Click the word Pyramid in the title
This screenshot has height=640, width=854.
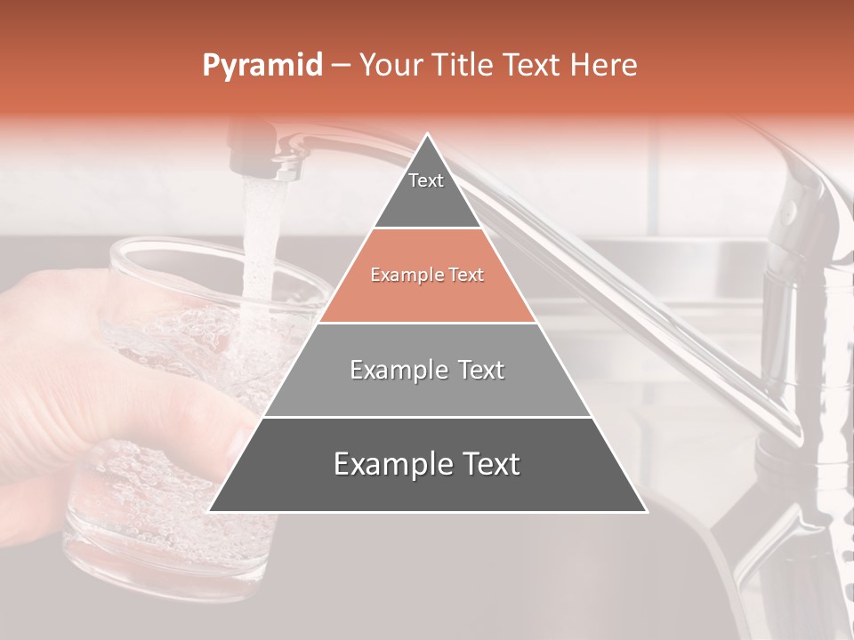[x=262, y=66]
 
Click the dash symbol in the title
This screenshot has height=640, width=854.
[x=341, y=66]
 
